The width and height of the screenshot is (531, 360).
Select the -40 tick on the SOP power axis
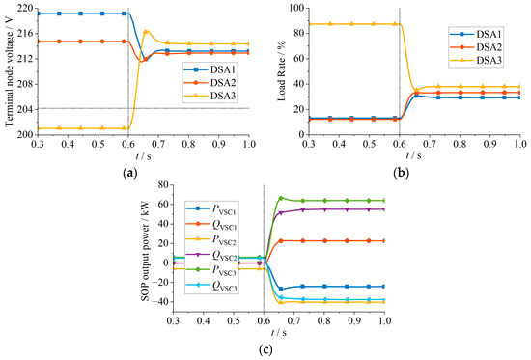pos(151,302)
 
